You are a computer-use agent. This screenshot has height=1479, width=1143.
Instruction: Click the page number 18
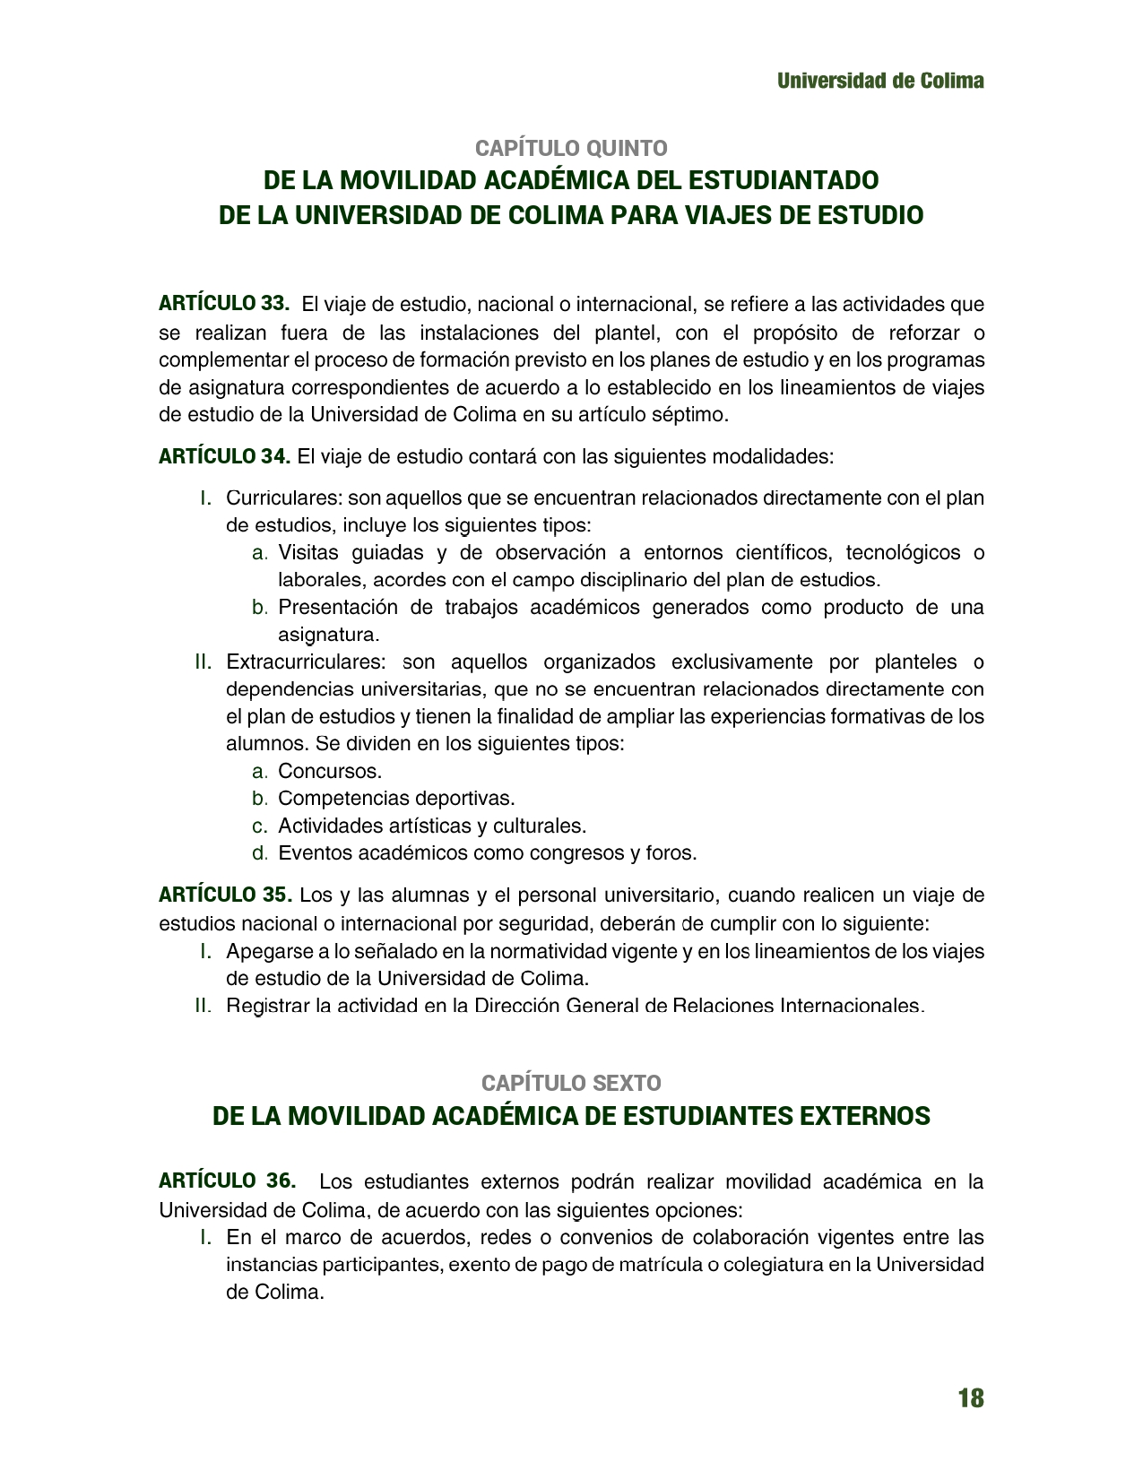970,1398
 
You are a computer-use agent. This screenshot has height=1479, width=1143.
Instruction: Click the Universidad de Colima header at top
880,81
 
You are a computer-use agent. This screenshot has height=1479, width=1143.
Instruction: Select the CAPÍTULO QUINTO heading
571,148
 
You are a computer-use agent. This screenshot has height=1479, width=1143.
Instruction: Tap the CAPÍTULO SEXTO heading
571,1083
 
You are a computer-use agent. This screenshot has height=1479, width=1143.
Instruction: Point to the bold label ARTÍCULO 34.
224,456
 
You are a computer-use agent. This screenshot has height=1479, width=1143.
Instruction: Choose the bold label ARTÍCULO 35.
225,895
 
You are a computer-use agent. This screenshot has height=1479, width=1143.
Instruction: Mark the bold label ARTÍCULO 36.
227,1181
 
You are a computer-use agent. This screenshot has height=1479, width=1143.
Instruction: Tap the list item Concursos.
330,771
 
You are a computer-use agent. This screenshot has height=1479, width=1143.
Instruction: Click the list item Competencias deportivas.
396,798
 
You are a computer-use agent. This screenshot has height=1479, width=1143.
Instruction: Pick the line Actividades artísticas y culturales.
432,826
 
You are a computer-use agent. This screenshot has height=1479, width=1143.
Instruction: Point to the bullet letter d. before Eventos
260,853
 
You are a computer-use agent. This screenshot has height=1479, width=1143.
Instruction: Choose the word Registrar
266,1006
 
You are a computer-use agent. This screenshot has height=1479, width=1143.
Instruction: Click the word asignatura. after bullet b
329,635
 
